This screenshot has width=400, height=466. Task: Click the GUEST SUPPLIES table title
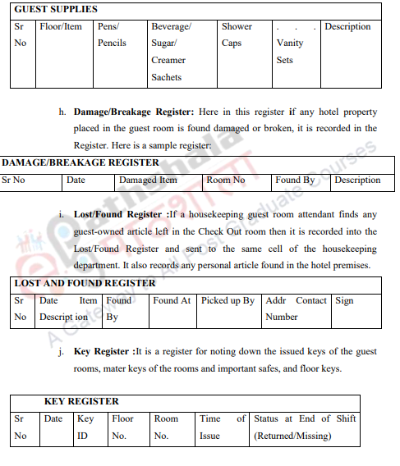tap(56, 9)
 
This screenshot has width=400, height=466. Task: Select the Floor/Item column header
tap(61, 26)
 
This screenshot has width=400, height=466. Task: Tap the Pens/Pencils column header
tap(112, 34)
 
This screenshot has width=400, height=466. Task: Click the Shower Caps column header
tap(237, 34)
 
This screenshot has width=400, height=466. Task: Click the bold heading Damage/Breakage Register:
tap(131, 112)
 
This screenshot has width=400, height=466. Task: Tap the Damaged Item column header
tap(148, 180)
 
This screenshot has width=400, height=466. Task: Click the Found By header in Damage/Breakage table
tap(295, 180)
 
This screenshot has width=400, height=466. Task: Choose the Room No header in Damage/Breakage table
tap(225, 180)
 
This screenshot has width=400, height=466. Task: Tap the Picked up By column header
tap(228, 300)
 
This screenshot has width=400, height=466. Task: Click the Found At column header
tap(171, 300)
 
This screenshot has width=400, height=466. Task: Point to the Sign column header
tap(344, 300)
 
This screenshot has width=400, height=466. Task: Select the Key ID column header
tap(85, 427)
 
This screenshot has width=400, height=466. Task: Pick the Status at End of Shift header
tap(305, 427)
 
